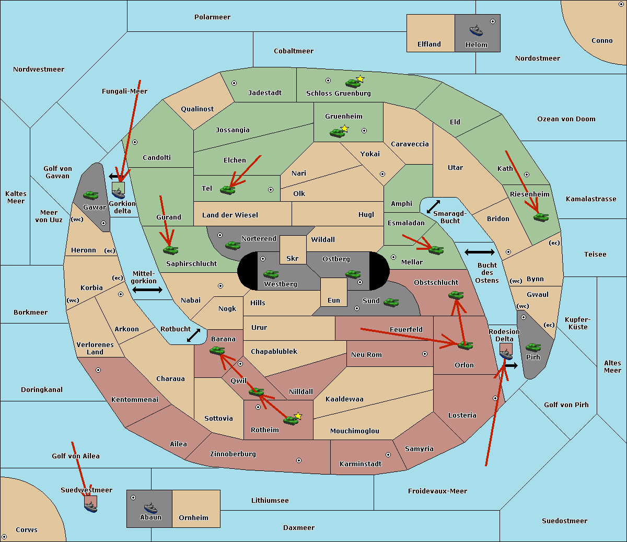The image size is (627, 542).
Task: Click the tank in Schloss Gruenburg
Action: tap(353, 83)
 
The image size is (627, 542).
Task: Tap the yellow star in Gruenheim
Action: tap(344, 129)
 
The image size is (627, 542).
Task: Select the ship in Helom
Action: tap(476, 30)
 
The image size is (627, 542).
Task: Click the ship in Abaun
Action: tap(150, 508)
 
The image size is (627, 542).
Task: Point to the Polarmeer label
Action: tap(212, 17)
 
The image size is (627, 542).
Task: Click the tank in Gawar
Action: tap(91, 195)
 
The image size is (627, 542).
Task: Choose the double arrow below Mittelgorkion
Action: tap(147, 290)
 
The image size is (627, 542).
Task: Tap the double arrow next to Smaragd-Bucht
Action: tap(433, 207)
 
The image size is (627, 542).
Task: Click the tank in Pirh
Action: tap(533, 348)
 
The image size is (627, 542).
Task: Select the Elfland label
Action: tap(429, 44)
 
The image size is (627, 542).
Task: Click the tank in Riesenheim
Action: tap(541, 217)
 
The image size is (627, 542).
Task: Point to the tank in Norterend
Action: tap(233, 245)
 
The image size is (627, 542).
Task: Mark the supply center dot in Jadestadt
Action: tap(234, 83)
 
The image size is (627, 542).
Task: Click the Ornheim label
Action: tap(193, 518)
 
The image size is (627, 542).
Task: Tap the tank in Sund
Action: tap(391, 302)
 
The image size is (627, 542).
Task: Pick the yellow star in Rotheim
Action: tap(298, 416)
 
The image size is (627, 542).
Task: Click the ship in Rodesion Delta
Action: tap(506, 354)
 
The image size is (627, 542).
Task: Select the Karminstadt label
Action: tap(361, 464)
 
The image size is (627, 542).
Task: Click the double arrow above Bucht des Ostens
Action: tap(479, 252)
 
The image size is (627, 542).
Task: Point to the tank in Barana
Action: tap(217, 351)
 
